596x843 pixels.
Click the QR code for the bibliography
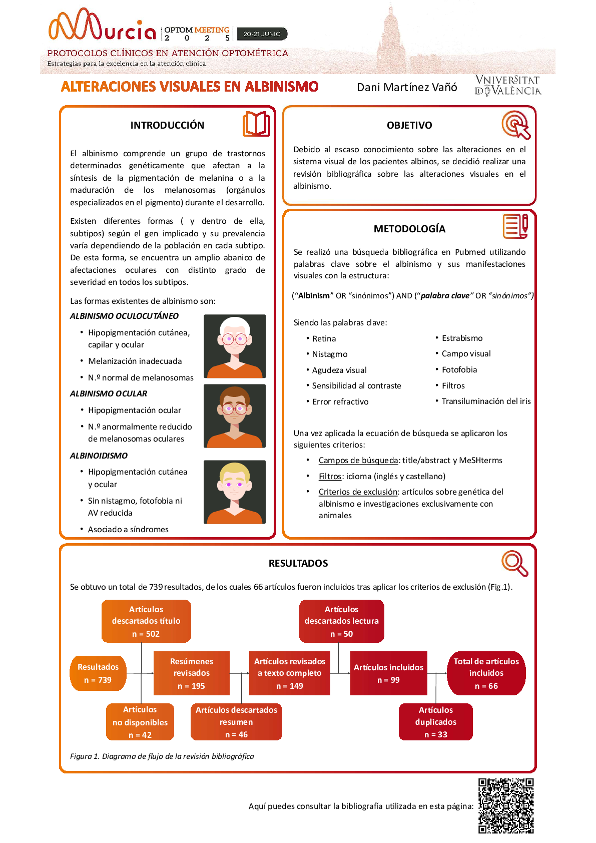[x=505, y=805]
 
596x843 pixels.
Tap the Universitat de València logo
[x=507, y=86]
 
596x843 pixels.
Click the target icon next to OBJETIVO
[x=515, y=125]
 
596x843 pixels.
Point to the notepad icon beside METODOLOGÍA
[x=515, y=226]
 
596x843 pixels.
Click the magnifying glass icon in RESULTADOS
[x=514, y=563]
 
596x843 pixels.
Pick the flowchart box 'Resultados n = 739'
[x=98, y=673]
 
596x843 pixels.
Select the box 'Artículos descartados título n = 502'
[x=146, y=621]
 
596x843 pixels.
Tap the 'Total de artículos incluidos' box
[x=486, y=673]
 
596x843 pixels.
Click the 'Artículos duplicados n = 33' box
[x=435, y=722]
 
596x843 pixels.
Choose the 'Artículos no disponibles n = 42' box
[x=140, y=722]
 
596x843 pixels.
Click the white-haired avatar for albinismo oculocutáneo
[x=235, y=346]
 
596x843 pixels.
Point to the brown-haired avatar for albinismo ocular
[x=235, y=415]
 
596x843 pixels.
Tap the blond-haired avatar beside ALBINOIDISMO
[x=235, y=492]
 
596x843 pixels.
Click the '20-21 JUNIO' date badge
[x=262, y=34]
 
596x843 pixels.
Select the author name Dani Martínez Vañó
[x=407, y=88]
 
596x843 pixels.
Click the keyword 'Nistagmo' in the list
[x=330, y=354]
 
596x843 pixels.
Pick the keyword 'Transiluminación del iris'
[x=486, y=401]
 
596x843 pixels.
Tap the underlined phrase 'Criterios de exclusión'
[x=358, y=492]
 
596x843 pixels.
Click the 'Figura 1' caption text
[x=162, y=756]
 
